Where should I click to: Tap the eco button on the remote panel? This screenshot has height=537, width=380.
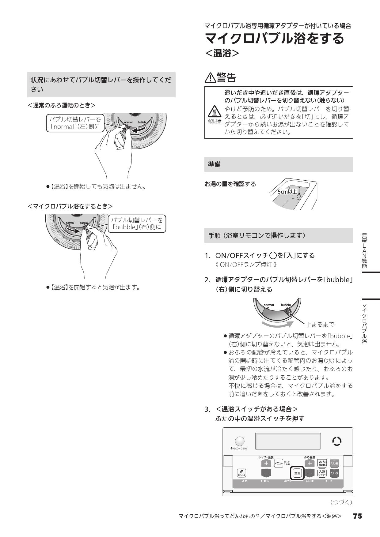point(241,473)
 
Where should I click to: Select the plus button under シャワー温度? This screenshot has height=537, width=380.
point(266,464)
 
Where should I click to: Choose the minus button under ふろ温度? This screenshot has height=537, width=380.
point(310,473)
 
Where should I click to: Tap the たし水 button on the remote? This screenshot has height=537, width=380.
point(334,473)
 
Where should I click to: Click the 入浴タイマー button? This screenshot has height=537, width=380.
point(322,473)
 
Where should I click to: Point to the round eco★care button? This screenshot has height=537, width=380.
point(239,441)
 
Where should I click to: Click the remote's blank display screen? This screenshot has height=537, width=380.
point(288,441)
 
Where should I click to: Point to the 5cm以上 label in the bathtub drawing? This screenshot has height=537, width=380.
point(287,192)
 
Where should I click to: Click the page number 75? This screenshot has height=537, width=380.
point(357,516)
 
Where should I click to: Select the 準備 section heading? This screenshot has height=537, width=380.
point(215,164)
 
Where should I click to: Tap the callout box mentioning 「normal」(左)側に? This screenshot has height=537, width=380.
point(75,123)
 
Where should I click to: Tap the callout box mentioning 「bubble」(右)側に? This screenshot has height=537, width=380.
point(137,223)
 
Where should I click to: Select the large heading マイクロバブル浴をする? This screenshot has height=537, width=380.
point(275,38)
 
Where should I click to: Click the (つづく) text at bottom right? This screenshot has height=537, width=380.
point(341,502)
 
